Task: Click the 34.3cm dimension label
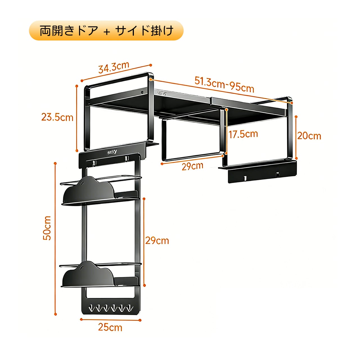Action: tap(113, 68)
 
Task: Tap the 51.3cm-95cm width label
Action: tap(224, 84)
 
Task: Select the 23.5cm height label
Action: tap(57, 117)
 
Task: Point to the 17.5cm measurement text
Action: tap(243, 134)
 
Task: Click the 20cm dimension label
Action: tap(309, 136)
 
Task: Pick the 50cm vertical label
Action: tap(47, 228)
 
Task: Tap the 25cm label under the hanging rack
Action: tap(110, 327)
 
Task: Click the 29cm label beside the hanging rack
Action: tap(157, 240)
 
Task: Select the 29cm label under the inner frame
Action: tap(192, 166)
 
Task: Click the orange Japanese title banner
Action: tap(106, 30)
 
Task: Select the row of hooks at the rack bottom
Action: tap(110, 308)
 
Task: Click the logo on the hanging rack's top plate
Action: tap(114, 152)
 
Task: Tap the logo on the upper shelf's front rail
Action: tap(162, 93)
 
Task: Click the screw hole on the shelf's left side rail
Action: tap(142, 92)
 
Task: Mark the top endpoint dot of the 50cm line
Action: tap(55, 163)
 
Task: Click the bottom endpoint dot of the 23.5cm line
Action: tap(77, 151)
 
